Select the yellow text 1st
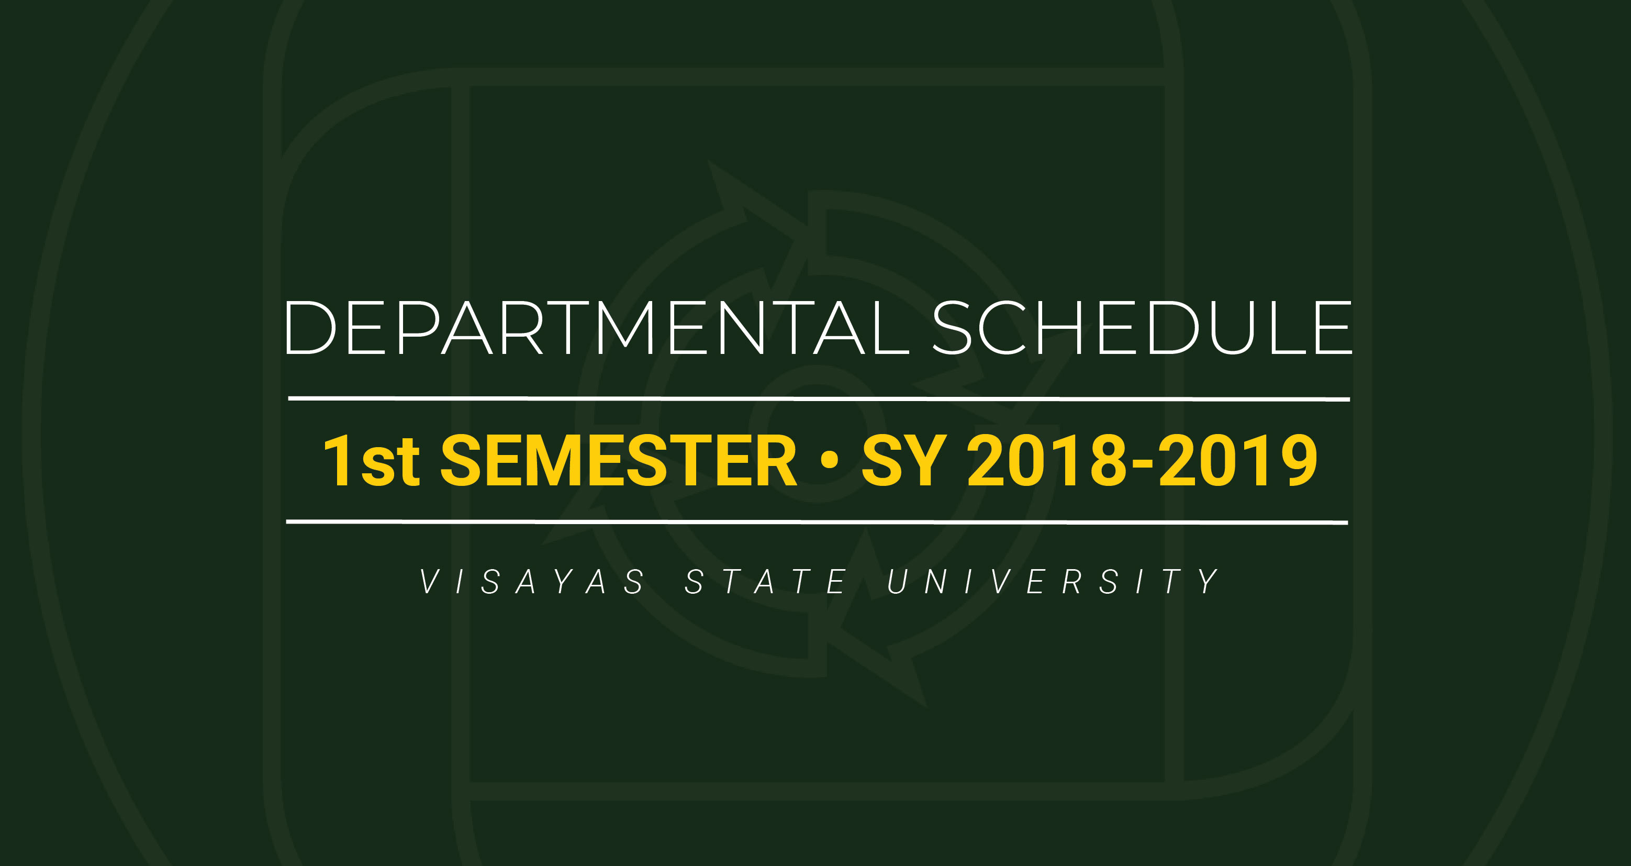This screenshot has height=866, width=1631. tap(372, 461)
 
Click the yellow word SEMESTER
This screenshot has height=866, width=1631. tap(619, 461)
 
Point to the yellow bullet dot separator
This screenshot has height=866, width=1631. tap(829, 460)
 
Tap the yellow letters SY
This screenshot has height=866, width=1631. tap(904, 461)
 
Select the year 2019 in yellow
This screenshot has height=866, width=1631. tap(1238, 461)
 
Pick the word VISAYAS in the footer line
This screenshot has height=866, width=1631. tap(532, 582)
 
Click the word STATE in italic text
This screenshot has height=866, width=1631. tap(765, 582)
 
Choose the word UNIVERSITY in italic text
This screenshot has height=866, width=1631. tap(1053, 582)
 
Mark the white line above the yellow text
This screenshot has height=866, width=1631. tap(819, 398)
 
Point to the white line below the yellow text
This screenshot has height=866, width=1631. tap(817, 522)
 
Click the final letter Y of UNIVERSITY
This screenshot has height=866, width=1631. tap(1209, 582)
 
